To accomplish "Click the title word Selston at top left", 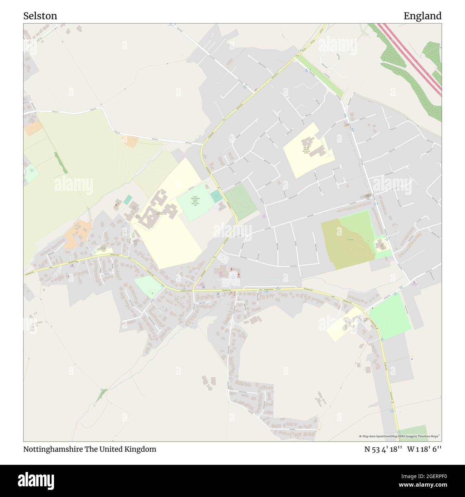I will tap(40, 16).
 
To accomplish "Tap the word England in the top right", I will tap(422, 16).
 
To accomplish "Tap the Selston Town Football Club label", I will tap(195, 201).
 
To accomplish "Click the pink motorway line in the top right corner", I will tap(411, 57).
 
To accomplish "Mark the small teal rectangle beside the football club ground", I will tap(216, 196).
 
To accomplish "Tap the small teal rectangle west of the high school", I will tap(128, 200).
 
